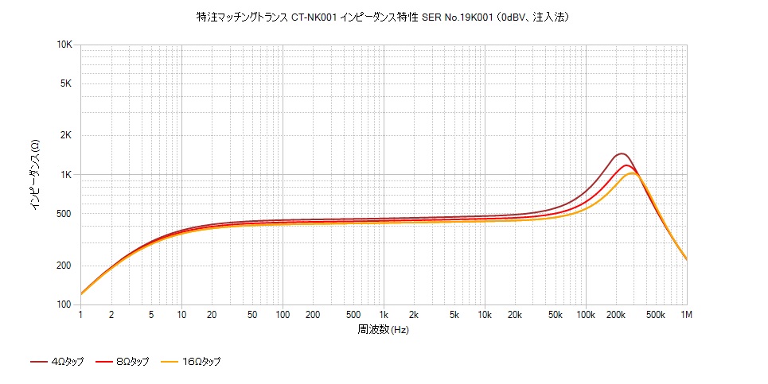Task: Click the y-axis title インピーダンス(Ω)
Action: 35,175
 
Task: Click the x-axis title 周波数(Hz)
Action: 383,328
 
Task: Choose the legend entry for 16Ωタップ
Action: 190,362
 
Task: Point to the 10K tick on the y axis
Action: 64,45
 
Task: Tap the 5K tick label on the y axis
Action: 67,83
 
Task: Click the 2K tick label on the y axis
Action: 67,135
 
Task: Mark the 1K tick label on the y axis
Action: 67,174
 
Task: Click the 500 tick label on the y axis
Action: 64,213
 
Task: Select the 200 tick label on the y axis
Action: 64,266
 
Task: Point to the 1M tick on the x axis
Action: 686,315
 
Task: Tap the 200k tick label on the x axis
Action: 616,315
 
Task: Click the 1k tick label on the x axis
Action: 384,315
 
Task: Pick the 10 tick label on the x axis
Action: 181,315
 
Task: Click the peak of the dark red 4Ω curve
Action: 621,153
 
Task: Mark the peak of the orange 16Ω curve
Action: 633,173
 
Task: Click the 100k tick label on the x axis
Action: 585,315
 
